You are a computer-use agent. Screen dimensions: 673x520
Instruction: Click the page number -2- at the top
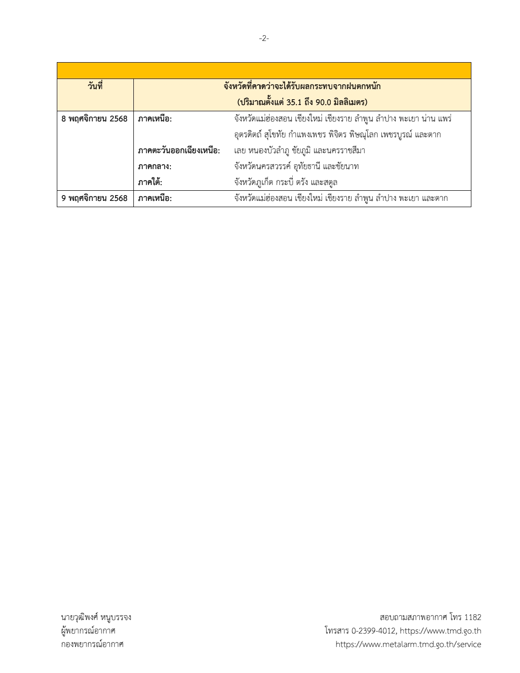264,39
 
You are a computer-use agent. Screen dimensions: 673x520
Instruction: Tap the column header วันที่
95,87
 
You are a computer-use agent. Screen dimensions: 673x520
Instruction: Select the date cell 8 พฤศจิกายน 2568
95,119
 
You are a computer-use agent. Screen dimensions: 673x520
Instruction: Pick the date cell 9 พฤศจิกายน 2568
95,198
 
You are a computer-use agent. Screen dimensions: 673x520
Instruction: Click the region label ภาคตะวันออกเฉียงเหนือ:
179,151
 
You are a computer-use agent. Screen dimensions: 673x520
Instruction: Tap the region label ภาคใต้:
150,183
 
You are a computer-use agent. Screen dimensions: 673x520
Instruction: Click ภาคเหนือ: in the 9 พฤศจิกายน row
155,198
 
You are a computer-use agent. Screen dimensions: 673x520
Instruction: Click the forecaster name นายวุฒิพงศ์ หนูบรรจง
96,617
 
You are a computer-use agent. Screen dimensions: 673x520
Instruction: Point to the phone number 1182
473,617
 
